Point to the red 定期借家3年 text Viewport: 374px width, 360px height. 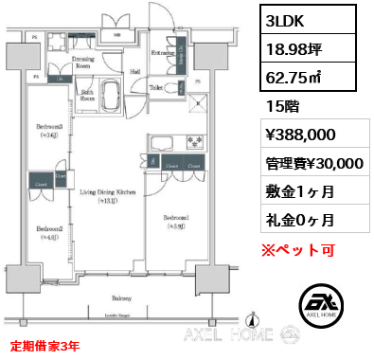[x=45, y=347]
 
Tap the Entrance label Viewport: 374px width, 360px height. [x=162, y=53]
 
